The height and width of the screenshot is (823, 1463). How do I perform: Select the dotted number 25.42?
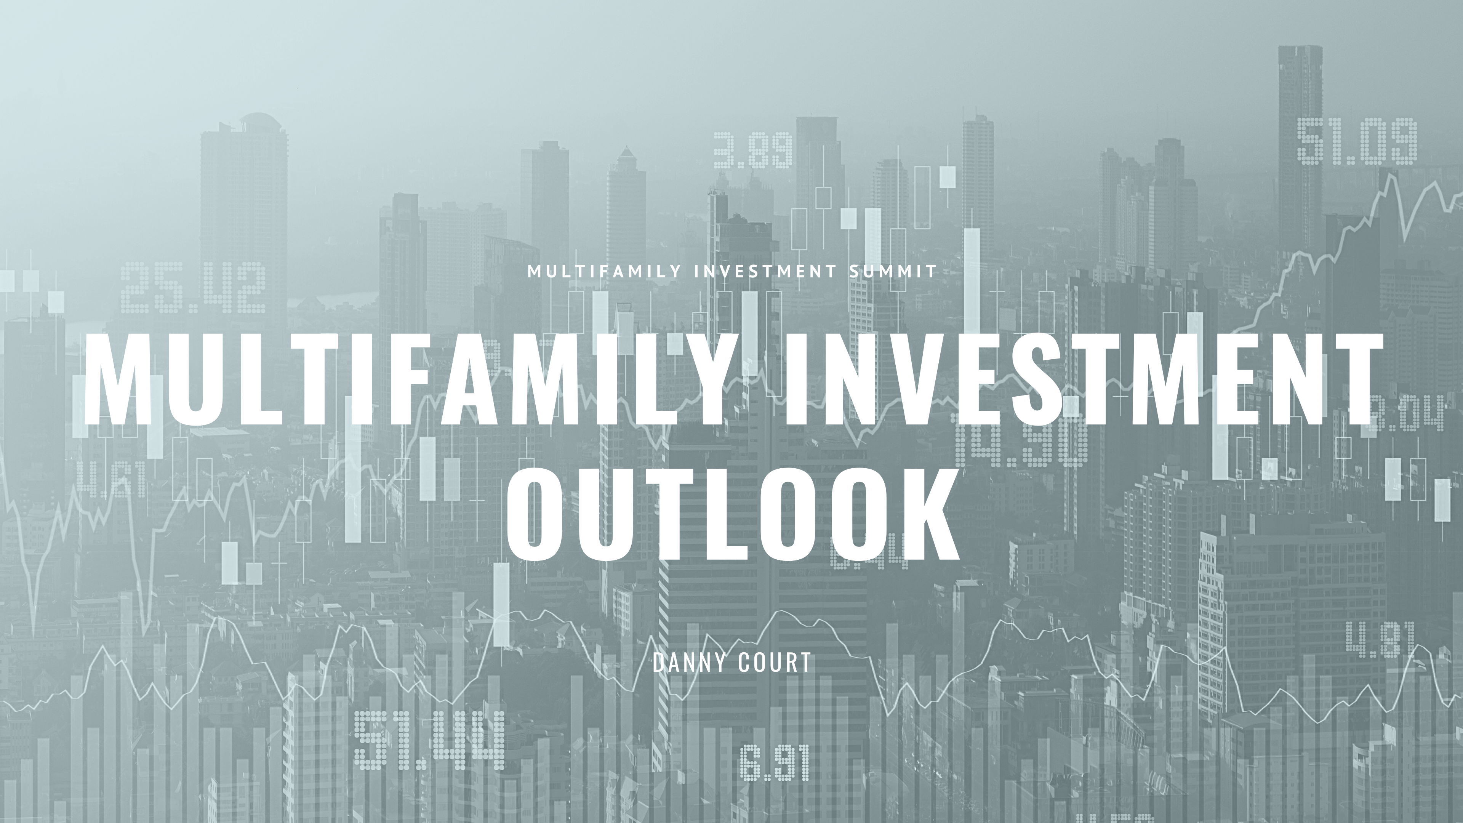(x=194, y=288)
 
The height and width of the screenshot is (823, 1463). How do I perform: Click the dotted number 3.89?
(x=752, y=151)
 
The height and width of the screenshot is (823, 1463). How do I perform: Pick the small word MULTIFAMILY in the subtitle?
(x=603, y=272)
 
